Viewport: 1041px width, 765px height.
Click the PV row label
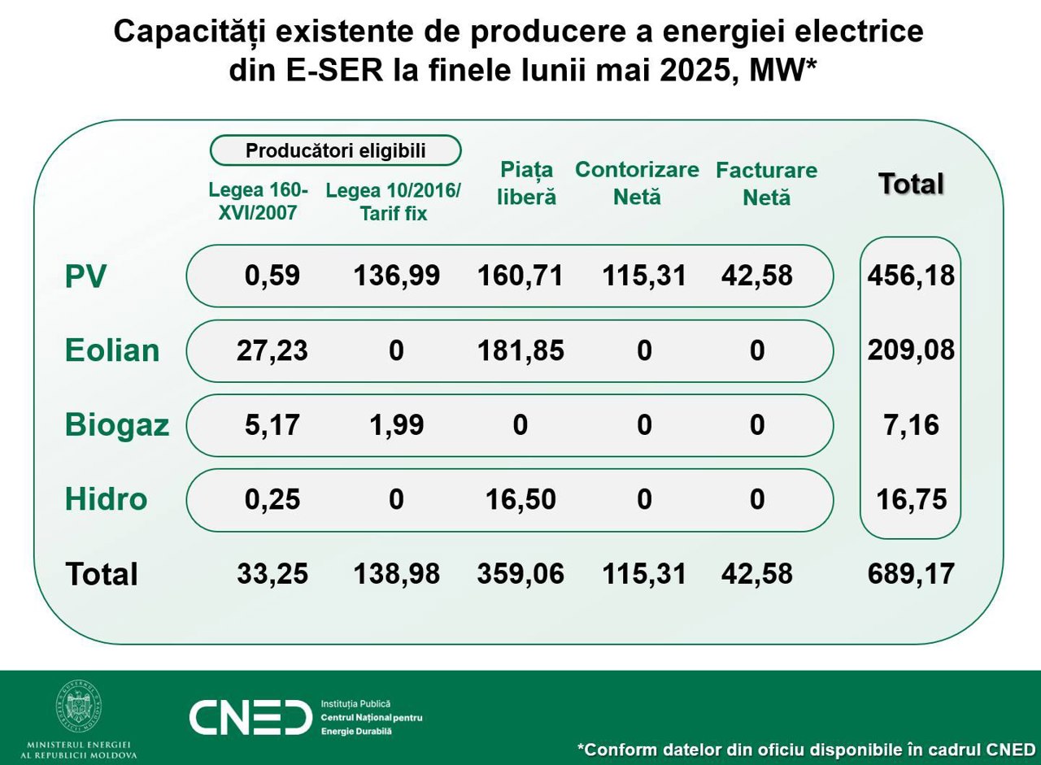(x=85, y=276)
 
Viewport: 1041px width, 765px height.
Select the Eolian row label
(x=112, y=350)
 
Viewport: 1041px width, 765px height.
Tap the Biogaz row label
(x=117, y=425)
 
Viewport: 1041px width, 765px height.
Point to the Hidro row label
(x=106, y=499)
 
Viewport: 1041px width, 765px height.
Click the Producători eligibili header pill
(x=335, y=150)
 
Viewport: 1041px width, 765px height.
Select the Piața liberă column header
(x=527, y=183)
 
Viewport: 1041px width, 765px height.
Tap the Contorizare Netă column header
(x=637, y=183)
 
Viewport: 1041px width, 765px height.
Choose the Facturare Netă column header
(x=766, y=183)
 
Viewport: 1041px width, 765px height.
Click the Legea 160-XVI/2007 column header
(x=259, y=202)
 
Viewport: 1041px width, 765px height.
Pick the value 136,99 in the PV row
(x=396, y=276)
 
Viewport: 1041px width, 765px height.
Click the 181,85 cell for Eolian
(x=520, y=350)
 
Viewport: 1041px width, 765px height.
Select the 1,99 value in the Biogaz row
(x=396, y=425)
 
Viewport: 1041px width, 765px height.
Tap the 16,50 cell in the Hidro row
(x=520, y=499)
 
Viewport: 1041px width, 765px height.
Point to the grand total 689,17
(x=911, y=574)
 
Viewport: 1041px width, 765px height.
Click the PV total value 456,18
(x=911, y=276)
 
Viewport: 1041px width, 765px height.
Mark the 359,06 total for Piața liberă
(x=520, y=574)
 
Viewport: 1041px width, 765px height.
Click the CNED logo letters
(x=250, y=717)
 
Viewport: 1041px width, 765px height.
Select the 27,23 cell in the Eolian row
(x=272, y=350)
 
